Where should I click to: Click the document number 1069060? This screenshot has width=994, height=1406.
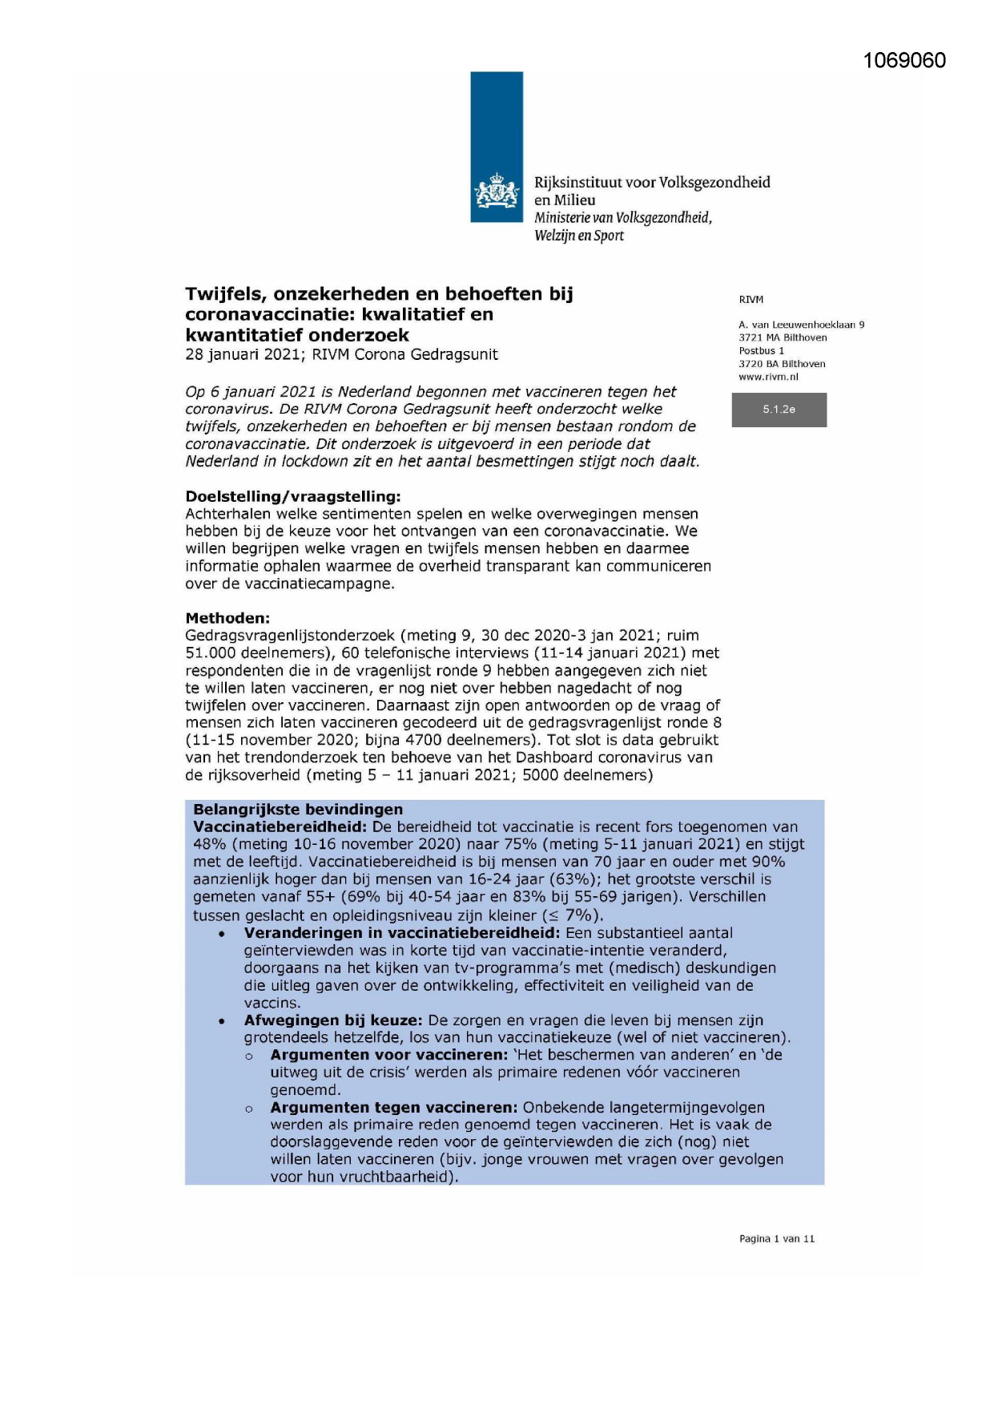click(x=904, y=61)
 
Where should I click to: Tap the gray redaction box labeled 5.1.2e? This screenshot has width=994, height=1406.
click(x=779, y=410)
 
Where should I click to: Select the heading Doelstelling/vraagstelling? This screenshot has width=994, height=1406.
click(x=292, y=496)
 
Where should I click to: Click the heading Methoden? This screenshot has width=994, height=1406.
click(x=227, y=618)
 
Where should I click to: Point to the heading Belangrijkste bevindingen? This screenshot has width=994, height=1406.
click(x=298, y=810)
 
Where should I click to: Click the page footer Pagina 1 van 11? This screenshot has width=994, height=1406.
click(x=776, y=1238)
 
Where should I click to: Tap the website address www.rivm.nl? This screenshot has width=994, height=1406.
click(x=768, y=377)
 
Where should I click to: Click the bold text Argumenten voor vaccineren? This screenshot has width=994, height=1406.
click(x=388, y=1055)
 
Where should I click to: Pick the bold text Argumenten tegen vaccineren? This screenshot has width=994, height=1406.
click(x=393, y=1108)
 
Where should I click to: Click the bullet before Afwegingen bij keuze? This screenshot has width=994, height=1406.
click(x=222, y=1022)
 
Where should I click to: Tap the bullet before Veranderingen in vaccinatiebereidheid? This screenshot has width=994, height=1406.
click(x=222, y=935)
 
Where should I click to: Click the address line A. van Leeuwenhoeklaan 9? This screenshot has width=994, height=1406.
click(x=801, y=325)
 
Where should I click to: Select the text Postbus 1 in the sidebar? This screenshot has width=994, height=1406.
click(x=761, y=350)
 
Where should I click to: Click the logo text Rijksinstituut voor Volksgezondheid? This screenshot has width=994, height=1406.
click(x=652, y=183)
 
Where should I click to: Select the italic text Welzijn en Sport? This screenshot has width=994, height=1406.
click(x=578, y=236)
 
